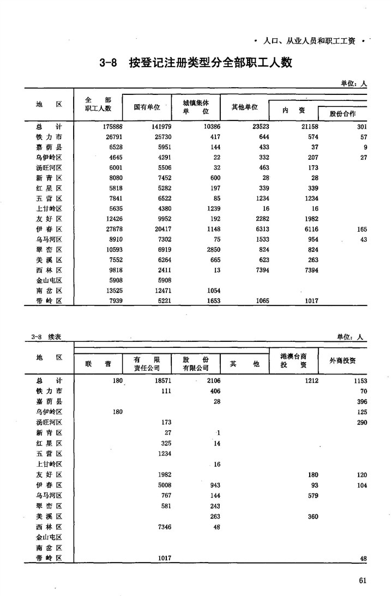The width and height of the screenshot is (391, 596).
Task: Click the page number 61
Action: coord(362,580)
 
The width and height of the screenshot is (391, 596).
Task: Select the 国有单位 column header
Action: coord(147,107)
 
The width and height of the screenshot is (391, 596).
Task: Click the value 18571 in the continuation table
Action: coord(163,381)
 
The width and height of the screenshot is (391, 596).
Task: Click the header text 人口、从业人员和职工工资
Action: coord(309,40)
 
